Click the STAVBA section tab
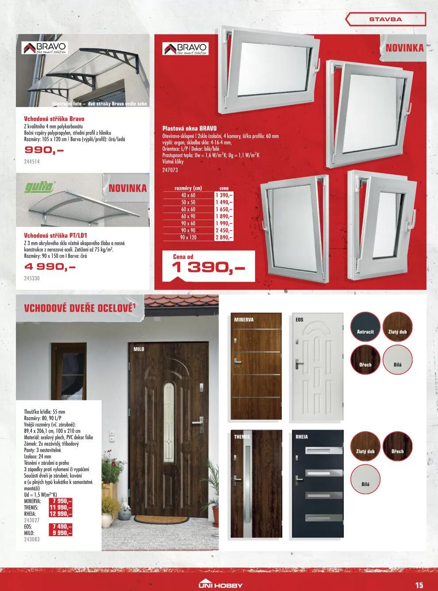[385, 19]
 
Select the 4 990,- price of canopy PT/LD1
[50, 267]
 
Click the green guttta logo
[38, 187]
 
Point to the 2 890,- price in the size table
[224, 238]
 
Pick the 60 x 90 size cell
[188, 216]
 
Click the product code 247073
[170, 169]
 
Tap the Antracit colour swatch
[365, 327]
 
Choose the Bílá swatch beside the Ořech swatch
[397, 359]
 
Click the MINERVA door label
[244, 319]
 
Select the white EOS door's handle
[300, 364]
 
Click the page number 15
[419, 585]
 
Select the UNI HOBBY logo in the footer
[220, 585]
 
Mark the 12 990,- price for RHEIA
[61, 514]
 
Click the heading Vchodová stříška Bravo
[54, 119]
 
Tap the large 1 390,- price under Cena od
[208, 267]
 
